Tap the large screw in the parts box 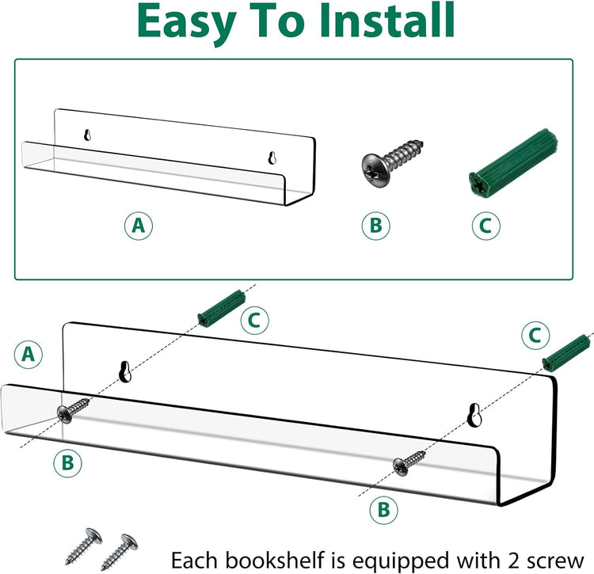pyautogui.click(x=392, y=164)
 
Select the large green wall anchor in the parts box pyautogui.click(x=513, y=163)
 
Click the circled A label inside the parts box pyautogui.click(x=139, y=226)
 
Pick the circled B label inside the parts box pyautogui.click(x=375, y=226)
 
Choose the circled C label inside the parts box pyautogui.click(x=485, y=226)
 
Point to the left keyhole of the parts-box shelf pyautogui.click(x=87, y=135)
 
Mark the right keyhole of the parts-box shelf pyautogui.click(x=272, y=158)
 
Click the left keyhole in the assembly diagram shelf pyautogui.click(x=125, y=371)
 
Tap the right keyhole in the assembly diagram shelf pyautogui.click(x=474, y=415)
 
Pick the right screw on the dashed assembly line pyautogui.click(x=409, y=462)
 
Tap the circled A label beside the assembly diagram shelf pyautogui.click(x=29, y=355)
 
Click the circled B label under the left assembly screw pyautogui.click(x=67, y=462)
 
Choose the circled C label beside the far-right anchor pyautogui.click(x=535, y=336)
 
